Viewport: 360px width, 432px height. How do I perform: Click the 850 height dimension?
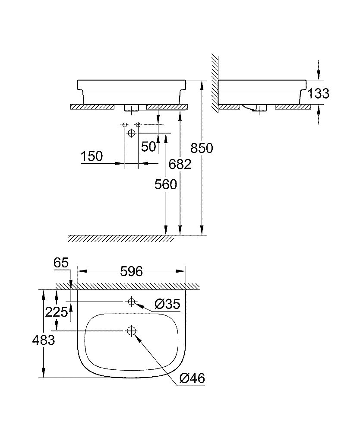[x=202, y=148]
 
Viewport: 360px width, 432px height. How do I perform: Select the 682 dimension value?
[x=180, y=164]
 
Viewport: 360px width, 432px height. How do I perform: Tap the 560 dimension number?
[x=166, y=184]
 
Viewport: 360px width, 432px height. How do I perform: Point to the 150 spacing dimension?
[x=92, y=156]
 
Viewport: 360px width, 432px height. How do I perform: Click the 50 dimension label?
[x=148, y=146]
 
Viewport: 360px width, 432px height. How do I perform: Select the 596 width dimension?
[x=131, y=271]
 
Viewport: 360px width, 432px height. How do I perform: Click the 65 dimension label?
[x=61, y=263]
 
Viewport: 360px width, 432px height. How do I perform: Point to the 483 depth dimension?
[x=44, y=340]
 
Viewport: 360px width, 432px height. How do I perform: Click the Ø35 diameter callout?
[x=166, y=305]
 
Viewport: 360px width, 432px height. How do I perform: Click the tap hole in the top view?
[x=131, y=301]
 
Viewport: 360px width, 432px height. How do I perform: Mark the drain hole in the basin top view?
[x=131, y=331]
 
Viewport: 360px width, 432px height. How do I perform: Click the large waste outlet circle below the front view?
[x=131, y=133]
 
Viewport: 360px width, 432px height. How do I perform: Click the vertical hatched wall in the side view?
[x=215, y=82]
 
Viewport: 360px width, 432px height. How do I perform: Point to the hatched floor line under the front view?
[x=121, y=238]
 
